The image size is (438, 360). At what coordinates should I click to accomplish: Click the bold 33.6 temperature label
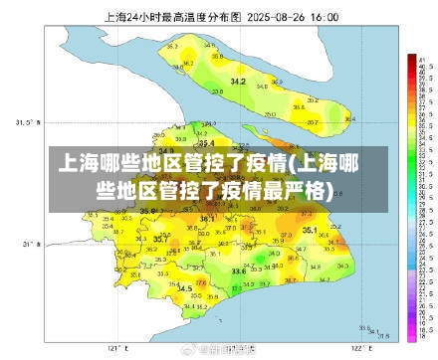(238, 270)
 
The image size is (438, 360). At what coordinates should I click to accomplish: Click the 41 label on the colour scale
(424, 61)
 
